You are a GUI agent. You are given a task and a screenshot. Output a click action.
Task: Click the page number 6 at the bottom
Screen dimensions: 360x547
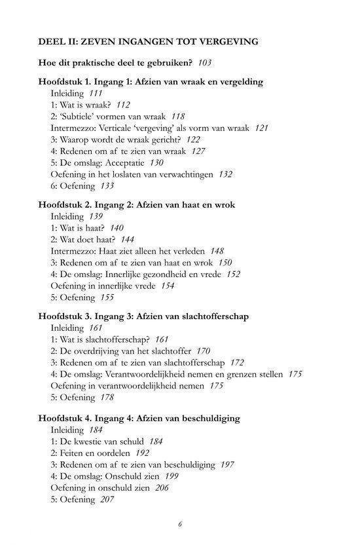point(180,524)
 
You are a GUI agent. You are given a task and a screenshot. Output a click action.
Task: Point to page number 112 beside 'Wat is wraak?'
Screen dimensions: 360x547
point(122,105)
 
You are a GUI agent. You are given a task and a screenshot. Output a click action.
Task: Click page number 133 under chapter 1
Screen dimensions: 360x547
point(106,186)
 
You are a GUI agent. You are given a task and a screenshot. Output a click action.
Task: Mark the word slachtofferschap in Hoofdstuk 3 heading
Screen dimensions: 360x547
point(215,316)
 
